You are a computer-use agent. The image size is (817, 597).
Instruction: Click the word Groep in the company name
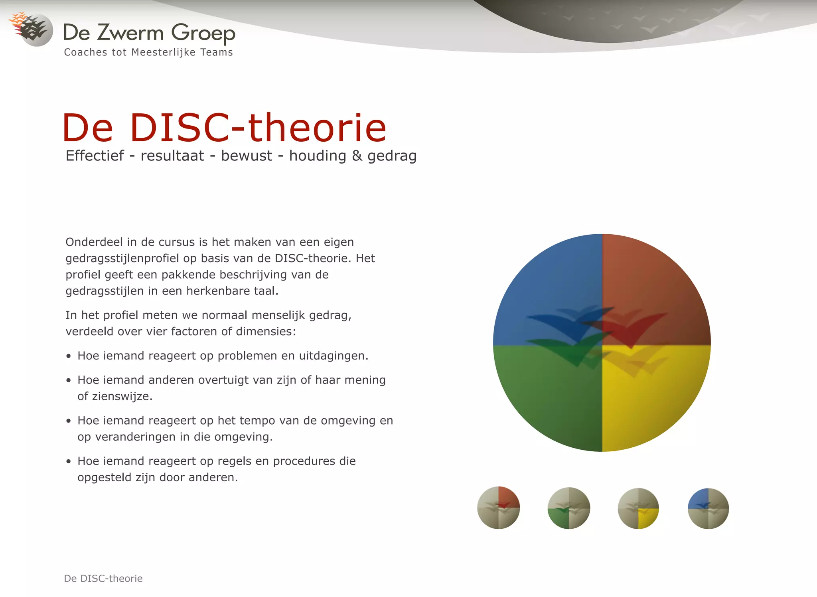point(203,33)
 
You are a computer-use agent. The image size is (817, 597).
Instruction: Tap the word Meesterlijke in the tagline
point(163,52)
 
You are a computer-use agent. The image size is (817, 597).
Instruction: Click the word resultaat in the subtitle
point(172,156)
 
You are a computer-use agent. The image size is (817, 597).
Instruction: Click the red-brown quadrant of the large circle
point(654,287)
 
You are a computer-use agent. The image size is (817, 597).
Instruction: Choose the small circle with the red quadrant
point(499,508)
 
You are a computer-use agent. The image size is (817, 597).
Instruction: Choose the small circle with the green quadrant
point(568,508)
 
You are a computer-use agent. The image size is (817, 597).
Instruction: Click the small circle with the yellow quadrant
point(638,508)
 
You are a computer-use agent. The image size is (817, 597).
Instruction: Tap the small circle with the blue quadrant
point(708,508)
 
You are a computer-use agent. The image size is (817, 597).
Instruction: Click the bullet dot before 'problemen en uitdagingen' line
point(69,356)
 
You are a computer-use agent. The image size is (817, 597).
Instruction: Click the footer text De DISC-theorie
point(103,578)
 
